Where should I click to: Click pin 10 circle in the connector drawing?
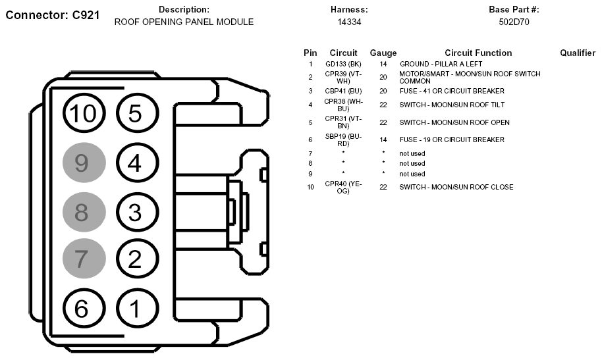[84, 114]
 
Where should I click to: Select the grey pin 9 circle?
[84, 163]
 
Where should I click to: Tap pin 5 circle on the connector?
[135, 114]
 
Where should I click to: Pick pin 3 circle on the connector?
[135, 211]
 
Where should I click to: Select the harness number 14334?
[349, 22]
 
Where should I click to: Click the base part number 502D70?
[514, 22]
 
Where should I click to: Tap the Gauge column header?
[383, 53]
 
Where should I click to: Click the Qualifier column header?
[578, 53]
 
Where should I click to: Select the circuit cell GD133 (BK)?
[343, 64]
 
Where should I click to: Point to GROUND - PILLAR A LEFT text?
[441, 64]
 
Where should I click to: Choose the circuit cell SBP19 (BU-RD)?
[343, 140]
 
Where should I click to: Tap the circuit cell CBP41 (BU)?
[343, 91]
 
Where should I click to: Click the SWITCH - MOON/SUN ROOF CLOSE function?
[456, 187]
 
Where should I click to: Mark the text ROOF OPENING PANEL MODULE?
[184, 22]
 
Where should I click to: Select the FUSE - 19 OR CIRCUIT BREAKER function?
[452, 140]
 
